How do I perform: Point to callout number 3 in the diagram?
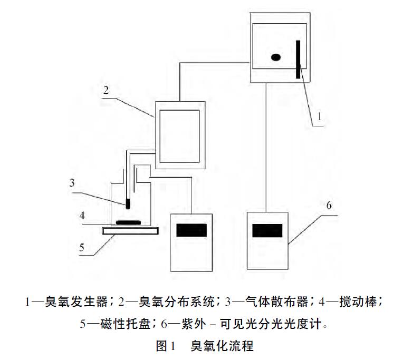(x=72, y=183)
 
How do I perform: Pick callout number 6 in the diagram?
(x=329, y=205)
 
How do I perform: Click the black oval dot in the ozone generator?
(x=275, y=57)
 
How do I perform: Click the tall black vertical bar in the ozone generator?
(x=299, y=59)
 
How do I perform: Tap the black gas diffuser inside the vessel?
(x=127, y=203)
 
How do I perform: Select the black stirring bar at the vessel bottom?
(x=128, y=222)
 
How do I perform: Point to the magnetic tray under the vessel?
(x=130, y=230)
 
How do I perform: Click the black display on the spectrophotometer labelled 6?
(x=267, y=230)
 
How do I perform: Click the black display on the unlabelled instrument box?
(x=191, y=230)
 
